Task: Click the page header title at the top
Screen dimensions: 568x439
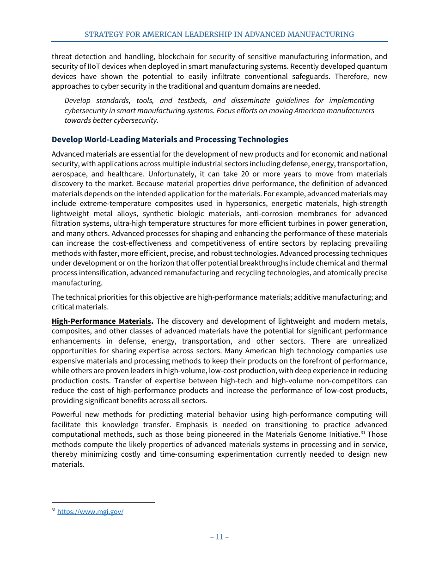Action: coord(219,35)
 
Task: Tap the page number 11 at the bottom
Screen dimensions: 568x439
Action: coord(219,537)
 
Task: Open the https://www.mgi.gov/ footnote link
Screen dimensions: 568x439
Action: coord(90,512)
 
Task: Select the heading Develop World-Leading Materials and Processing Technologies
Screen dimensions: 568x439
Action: coord(170,139)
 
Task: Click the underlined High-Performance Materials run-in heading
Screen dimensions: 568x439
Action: coord(101,321)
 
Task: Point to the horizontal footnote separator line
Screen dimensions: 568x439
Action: coord(103,503)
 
